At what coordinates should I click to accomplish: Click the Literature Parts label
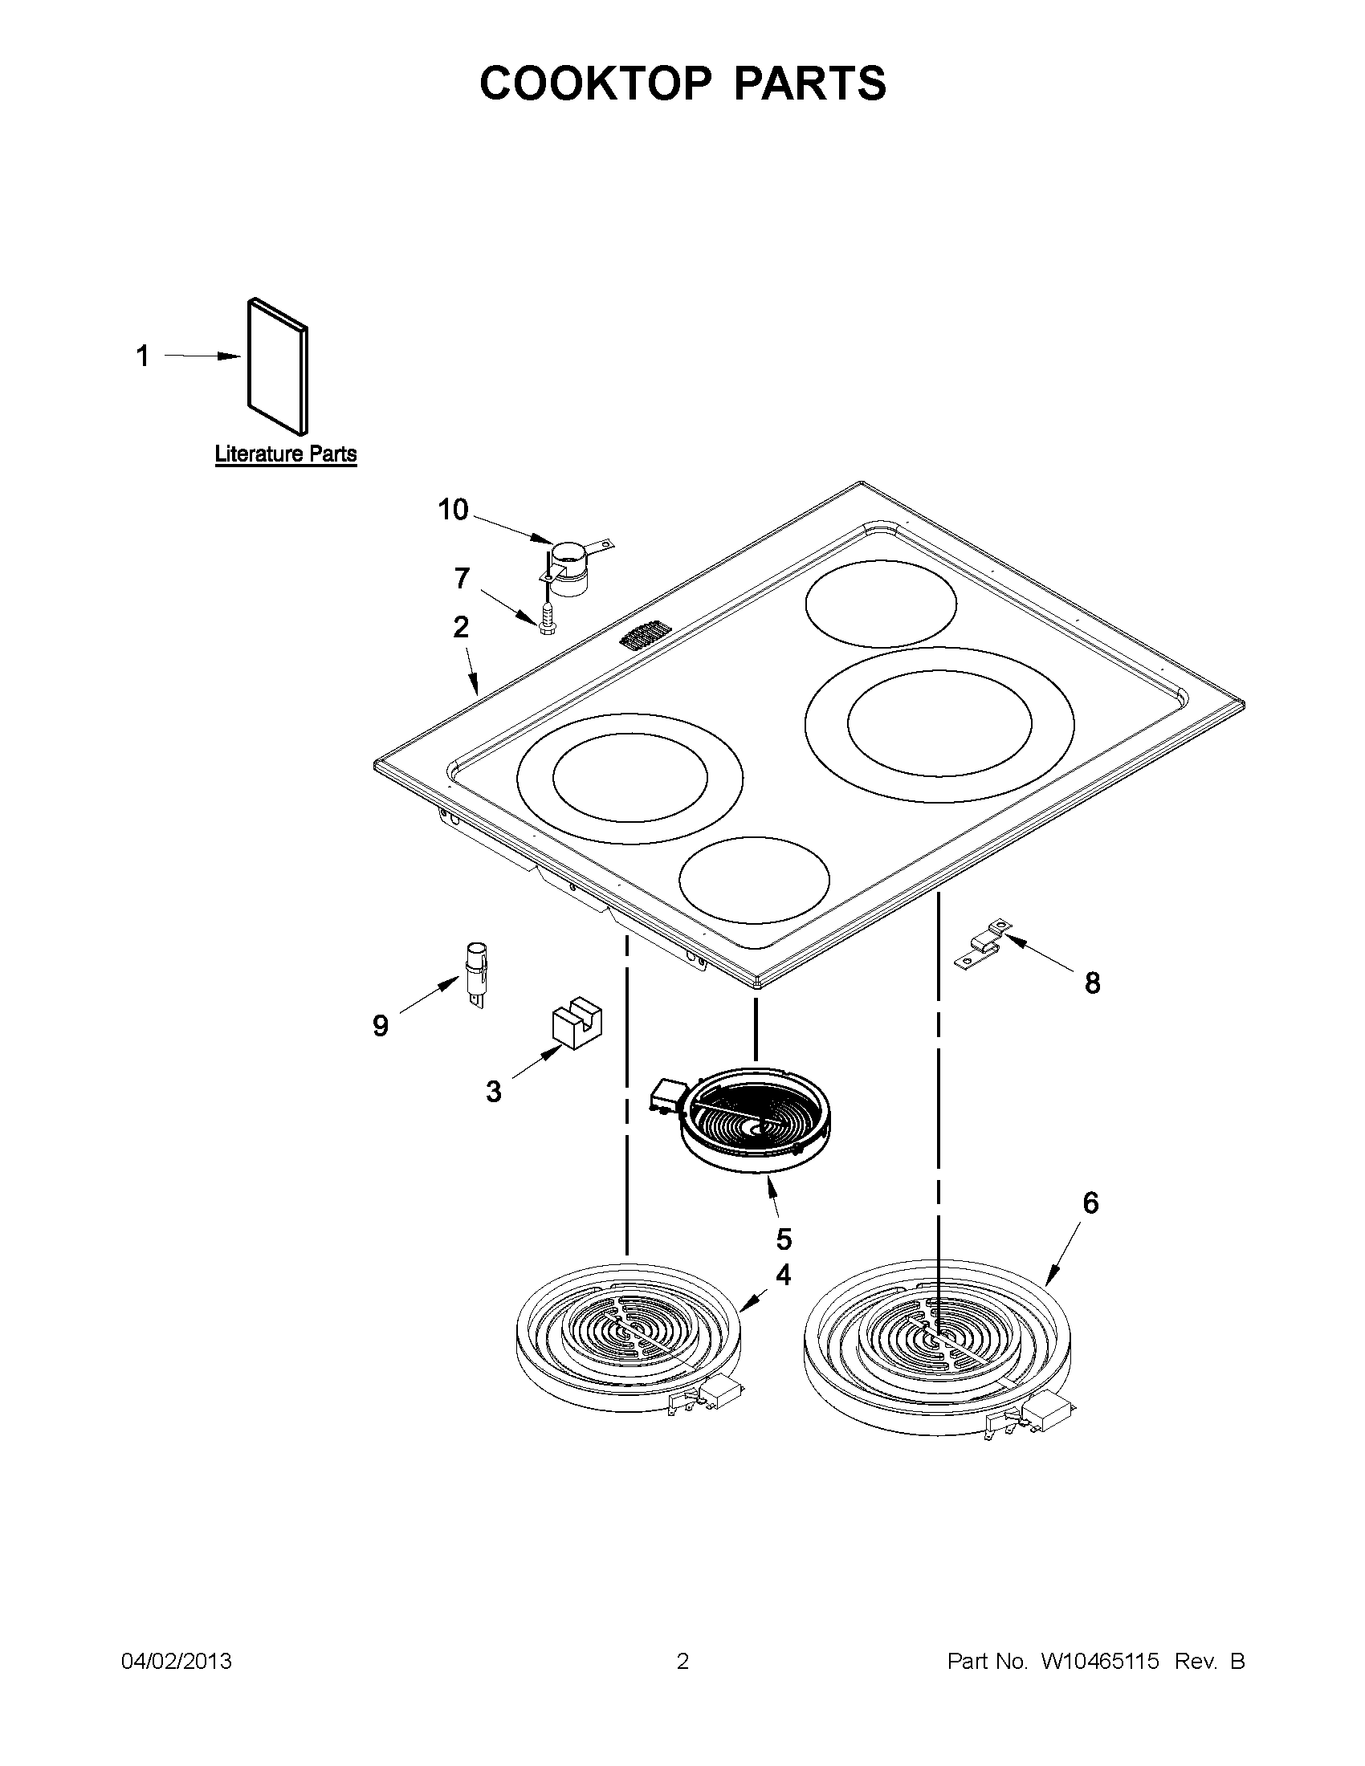click(286, 454)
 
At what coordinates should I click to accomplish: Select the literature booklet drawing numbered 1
click(277, 365)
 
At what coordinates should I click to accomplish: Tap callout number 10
click(453, 510)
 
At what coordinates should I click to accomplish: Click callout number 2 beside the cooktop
click(461, 627)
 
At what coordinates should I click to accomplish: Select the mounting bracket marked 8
click(982, 942)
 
